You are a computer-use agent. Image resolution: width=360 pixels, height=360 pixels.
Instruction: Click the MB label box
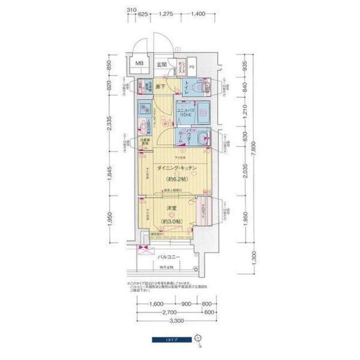coord(139,63)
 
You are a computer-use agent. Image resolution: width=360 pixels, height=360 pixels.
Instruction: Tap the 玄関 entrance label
coord(161,64)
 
